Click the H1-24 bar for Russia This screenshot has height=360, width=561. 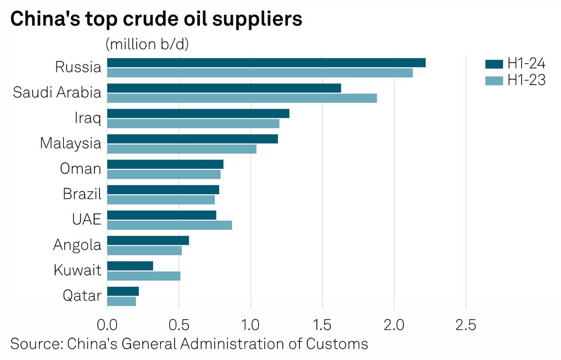coord(266,63)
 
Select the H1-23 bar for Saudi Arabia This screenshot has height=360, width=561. coord(242,98)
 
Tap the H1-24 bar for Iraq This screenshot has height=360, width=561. coord(198,114)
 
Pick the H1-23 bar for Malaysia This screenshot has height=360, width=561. coord(181,149)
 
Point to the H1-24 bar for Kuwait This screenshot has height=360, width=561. coord(130,266)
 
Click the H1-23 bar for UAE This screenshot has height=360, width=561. coord(169,225)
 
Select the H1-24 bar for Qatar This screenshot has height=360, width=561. coord(123,291)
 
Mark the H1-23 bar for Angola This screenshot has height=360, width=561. coord(144,250)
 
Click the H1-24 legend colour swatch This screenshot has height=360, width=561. coord(494,64)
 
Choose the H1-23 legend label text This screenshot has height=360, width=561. coord(526,81)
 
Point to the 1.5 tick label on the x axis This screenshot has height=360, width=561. coord(322,325)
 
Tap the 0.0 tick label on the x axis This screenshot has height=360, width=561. coord(107,325)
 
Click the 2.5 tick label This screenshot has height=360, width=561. coord(465,325)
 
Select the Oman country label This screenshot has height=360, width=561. coord(81,169)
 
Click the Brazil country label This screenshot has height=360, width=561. coord(82,194)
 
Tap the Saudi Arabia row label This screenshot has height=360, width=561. coord(57,93)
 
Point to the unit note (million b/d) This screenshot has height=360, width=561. coord(147,44)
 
